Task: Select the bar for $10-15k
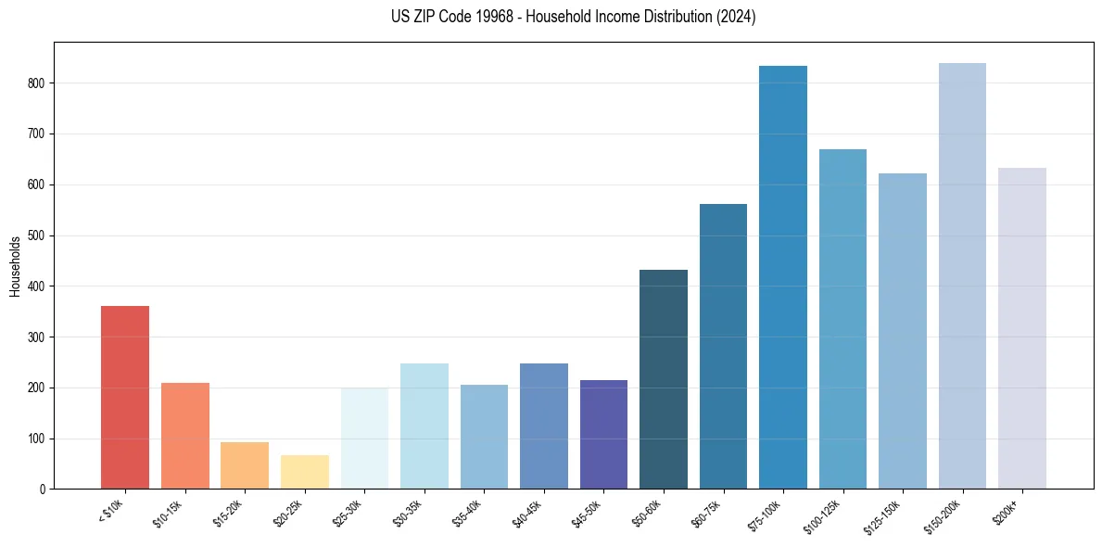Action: click(x=184, y=436)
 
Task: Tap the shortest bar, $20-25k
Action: click(x=304, y=472)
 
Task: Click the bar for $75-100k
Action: click(x=782, y=277)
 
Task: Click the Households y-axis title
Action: click(x=16, y=266)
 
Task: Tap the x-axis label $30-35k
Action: click(x=409, y=511)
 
